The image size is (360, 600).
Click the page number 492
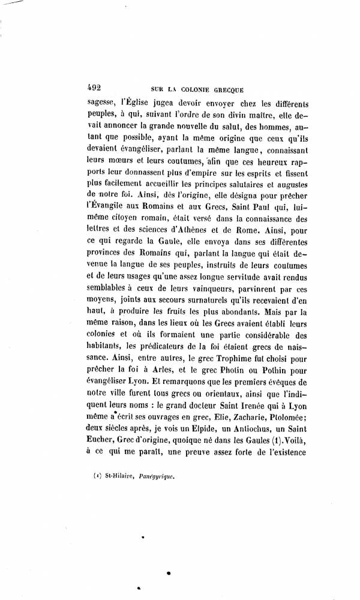coord(95,85)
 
